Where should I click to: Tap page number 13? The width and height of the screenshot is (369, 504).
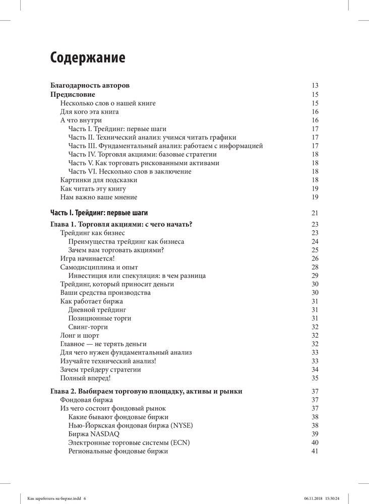[x=315, y=86]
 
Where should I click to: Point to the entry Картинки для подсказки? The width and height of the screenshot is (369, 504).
[x=98, y=180]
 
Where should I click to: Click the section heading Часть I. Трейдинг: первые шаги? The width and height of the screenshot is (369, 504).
[x=99, y=213]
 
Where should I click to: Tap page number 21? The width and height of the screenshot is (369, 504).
[x=315, y=213]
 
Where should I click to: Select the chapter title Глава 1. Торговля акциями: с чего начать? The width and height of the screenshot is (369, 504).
[x=122, y=224]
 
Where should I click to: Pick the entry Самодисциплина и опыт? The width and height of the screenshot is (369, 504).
[x=99, y=267]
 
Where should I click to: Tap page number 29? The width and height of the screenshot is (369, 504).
[x=315, y=276]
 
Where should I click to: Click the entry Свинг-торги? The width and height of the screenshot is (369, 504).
[x=88, y=327]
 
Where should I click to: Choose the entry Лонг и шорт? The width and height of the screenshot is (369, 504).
[x=80, y=336]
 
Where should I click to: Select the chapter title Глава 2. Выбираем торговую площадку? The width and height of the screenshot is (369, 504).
[x=147, y=392]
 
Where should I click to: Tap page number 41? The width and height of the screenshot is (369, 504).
[x=315, y=451]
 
